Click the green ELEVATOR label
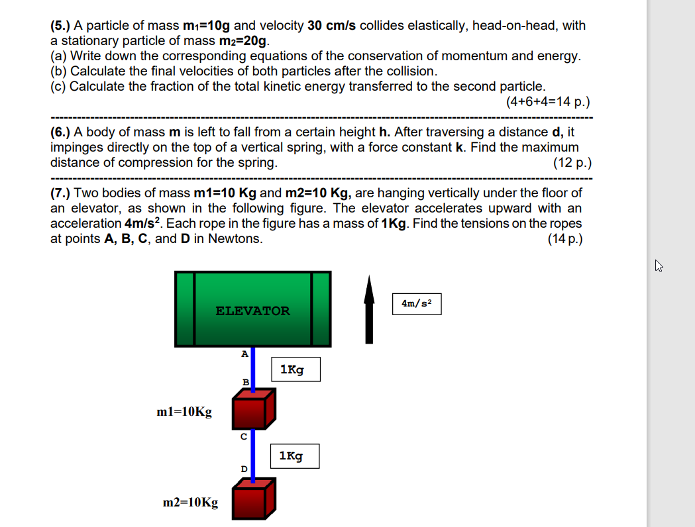(x=252, y=311)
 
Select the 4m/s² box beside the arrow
(x=417, y=304)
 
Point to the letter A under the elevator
(x=244, y=354)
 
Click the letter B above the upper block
(x=245, y=382)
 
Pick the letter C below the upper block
(x=243, y=436)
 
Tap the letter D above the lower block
(x=243, y=469)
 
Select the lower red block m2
(x=253, y=499)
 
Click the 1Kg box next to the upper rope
(x=295, y=369)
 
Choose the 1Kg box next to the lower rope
(x=295, y=456)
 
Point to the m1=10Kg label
(x=184, y=412)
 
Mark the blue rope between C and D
(x=253, y=454)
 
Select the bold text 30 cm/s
(x=332, y=26)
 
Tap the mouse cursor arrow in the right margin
(x=659, y=267)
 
